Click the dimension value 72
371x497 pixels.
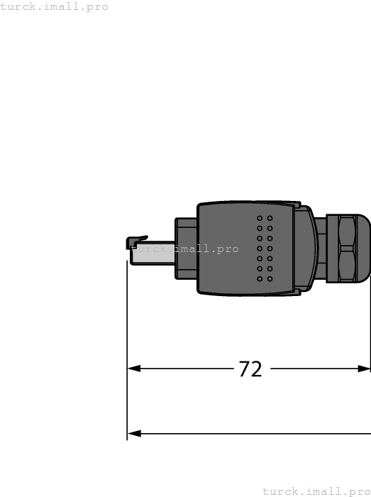tap(250, 369)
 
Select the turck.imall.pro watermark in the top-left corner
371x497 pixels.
tap(55, 6)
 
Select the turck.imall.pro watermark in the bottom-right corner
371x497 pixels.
tap(316, 491)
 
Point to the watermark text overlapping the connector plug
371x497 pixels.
tap(186, 249)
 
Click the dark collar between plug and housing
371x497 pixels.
tap(187, 250)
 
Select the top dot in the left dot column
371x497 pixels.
tap(260, 218)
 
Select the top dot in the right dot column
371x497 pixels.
tap(270, 218)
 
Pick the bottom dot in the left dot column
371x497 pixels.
tap(260, 279)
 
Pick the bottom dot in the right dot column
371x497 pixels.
tap(270, 279)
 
